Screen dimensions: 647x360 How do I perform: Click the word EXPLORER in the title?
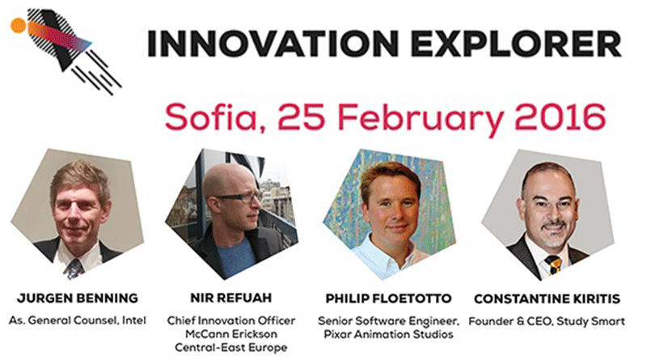click(x=516, y=44)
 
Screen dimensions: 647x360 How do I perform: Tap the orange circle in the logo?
click(x=19, y=25)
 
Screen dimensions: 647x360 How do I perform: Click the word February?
click(x=421, y=120)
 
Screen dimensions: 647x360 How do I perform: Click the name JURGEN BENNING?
click(x=78, y=298)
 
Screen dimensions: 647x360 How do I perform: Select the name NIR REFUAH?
click(x=231, y=298)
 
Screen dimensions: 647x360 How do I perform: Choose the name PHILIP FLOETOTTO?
click(x=388, y=299)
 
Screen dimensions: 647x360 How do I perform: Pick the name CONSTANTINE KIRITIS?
click(x=547, y=299)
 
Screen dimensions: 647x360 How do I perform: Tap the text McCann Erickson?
click(x=231, y=334)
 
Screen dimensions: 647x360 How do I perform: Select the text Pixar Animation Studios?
click(x=388, y=334)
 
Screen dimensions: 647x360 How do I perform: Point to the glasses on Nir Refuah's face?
click(x=239, y=197)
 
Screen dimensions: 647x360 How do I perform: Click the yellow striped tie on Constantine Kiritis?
click(x=553, y=265)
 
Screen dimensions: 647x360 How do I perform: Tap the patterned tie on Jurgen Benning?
click(x=74, y=269)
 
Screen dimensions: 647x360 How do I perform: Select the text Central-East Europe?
click(x=231, y=348)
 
